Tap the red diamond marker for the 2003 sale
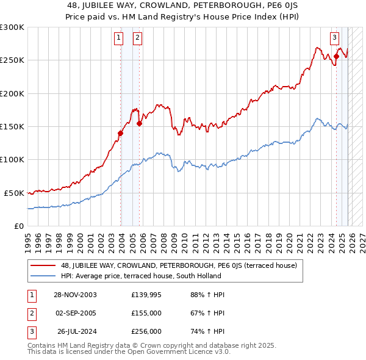121,133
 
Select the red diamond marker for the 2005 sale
139,123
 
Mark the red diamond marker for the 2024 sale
336,56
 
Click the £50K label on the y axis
14,193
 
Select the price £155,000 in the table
146,313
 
